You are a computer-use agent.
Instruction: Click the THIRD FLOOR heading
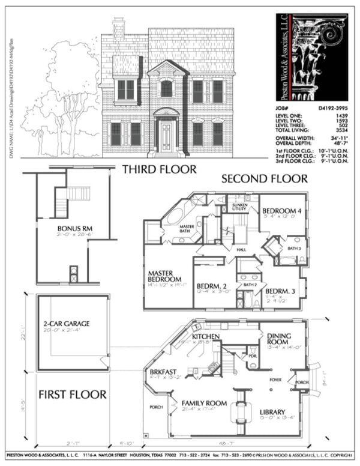point(159,170)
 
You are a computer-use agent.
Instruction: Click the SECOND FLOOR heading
point(264,179)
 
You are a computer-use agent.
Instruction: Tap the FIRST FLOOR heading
point(73,395)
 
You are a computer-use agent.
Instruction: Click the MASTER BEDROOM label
point(165,276)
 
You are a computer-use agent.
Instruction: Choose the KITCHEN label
point(206,336)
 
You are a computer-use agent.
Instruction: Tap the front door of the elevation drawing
point(166,136)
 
